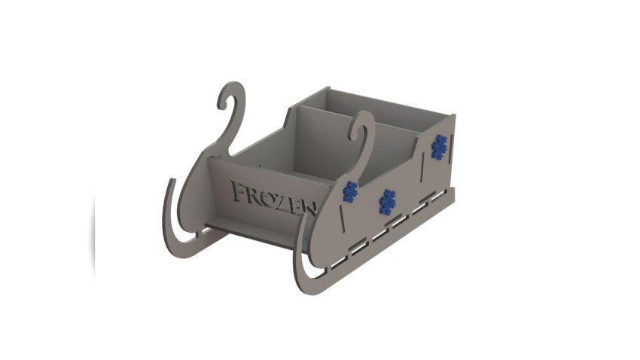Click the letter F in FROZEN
[239, 191]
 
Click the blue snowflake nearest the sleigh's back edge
[439, 147]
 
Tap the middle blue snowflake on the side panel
[387, 202]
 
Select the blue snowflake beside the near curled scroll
[350, 191]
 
